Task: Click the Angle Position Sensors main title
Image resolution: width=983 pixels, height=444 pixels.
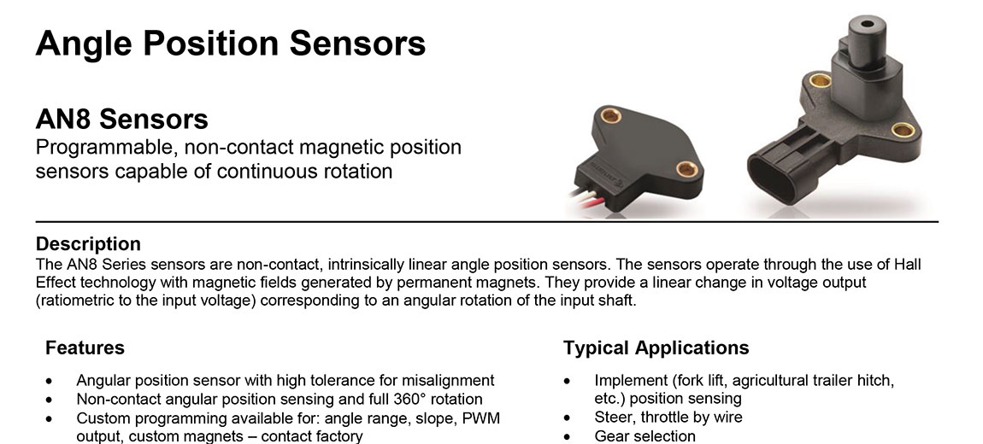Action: (231, 44)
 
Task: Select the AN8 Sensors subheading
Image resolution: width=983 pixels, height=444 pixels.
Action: (121, 119)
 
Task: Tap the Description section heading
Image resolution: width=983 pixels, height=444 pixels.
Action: (88, 243)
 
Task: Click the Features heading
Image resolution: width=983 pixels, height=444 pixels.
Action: (85, 348)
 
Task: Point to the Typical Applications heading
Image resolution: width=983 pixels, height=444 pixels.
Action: (656, 348)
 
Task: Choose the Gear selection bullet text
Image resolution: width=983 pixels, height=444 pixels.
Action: (645, 435)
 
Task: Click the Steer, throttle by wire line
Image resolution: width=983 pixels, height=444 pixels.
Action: (668, 417)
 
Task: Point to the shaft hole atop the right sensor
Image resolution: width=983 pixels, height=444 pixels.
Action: (867, 25)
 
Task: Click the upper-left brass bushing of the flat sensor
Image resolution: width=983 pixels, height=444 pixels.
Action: (610, 115)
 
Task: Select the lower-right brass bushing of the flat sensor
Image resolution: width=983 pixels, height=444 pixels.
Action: (686, 168)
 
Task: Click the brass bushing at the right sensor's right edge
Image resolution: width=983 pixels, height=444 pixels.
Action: (903, 130)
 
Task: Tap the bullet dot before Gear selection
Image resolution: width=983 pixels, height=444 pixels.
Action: (568, 436)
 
